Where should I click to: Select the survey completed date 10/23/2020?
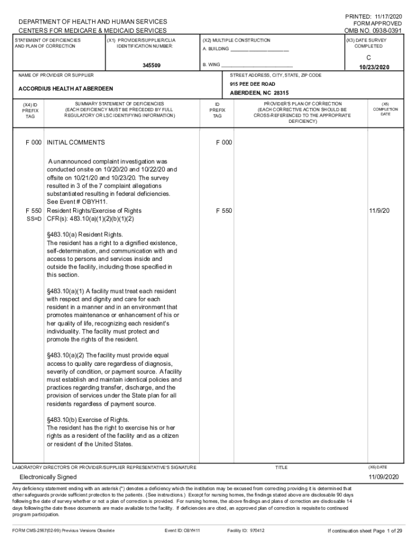pyautogui.click(x=375, y=67)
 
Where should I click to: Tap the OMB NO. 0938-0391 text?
pyautogui.click(x=374, y=31)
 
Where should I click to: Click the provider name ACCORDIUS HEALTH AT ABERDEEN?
pyautogui.click(x=66, y=89)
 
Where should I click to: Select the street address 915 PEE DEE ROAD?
pyautogui.click(x=253, y=84)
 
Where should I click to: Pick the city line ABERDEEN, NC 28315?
pyautogui.click(x=259, y=93)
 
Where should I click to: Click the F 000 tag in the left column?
pyautogui.click(x=34, y=142)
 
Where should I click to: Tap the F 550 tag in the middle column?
pyautogui.click(x=224, y=211)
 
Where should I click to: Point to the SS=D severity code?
pyautogui.click(x=34, y=219)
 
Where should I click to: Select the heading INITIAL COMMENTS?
pyautogui.click(x=76, y=142)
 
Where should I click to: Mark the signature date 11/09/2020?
pyautogui.click(x=383, y=477)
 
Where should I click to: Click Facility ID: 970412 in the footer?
pyautogui.click(x=245, y=530)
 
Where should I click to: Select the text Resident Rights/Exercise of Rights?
pyautogui.click(x=94, y=211)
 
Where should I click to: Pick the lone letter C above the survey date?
pyautogui.click(x=369, y=57)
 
